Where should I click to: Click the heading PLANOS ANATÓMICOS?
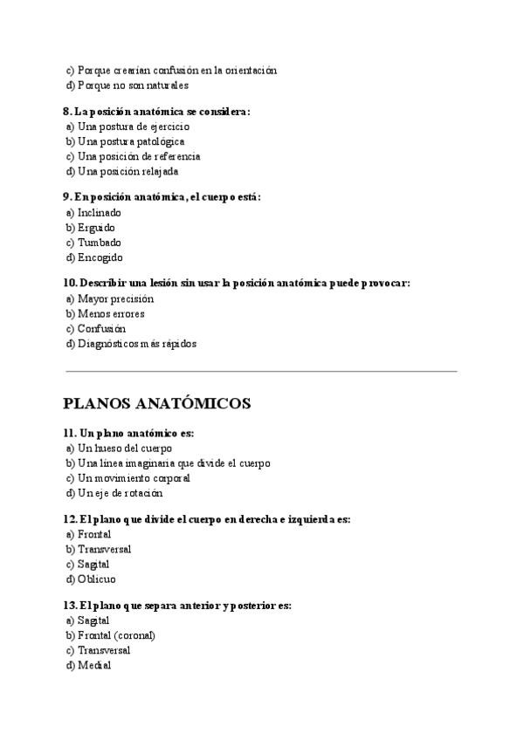click(x=157, y=403)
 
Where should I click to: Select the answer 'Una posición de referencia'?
click(x=138, y=156)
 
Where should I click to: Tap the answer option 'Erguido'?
click(x=95, y=228)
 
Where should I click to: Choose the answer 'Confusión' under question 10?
click(x=100, y=329)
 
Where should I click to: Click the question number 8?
click(x=67, y=112)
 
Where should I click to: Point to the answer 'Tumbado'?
click(x=99, y=243)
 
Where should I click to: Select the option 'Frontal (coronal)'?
click(x=116, y=635)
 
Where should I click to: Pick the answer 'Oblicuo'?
click(x=96, y=579)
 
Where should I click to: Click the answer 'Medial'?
click(x=93, y=665)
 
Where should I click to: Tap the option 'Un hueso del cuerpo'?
click(x=124, y=448)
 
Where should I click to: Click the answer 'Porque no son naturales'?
click(x=133, y=86)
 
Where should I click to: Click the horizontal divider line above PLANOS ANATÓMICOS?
click(x=261, y=372)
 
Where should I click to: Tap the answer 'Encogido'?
click(x=100, y=257)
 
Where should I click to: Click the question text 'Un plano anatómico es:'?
click(x=135, y=433)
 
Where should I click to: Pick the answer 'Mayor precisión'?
click(x=115, y=298)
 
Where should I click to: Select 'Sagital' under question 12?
click(x=93, y=564)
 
